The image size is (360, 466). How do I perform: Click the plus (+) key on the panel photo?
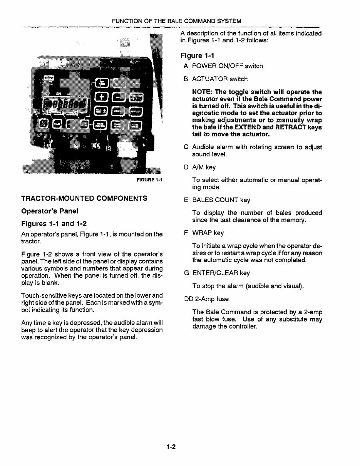(x=102, y=97)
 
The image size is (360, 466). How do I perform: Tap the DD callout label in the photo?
(x=95, y=146)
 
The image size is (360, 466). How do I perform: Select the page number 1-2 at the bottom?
(x=171, y=447)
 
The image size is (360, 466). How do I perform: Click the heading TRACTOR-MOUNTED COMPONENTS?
(x=84, y=198)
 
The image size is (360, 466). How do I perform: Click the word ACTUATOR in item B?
(x=209, y=79)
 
